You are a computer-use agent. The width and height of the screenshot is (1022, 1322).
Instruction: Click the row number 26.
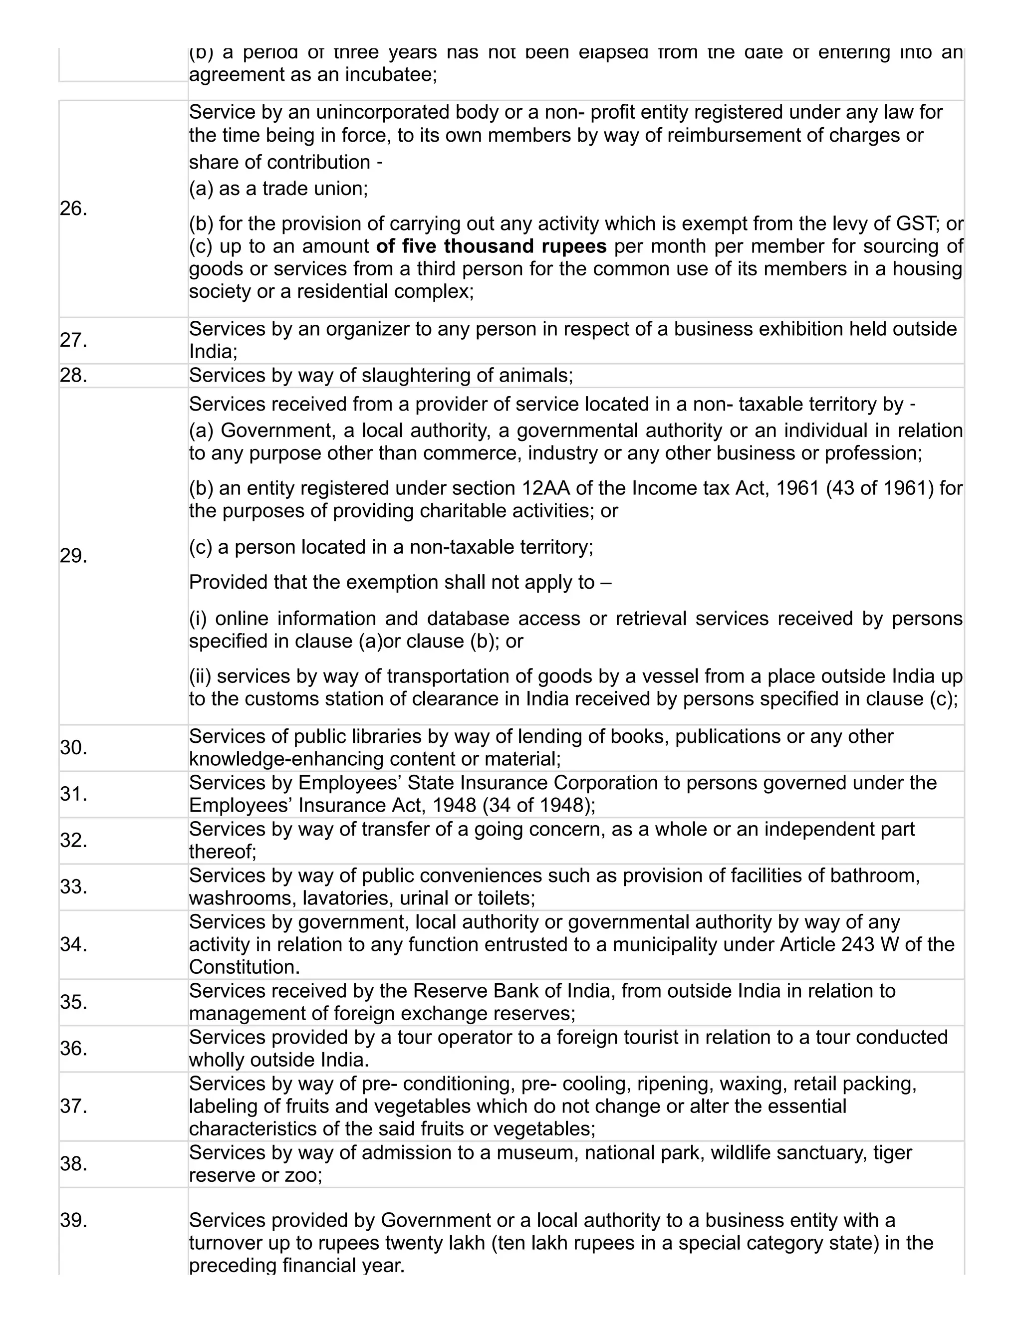(x=73, y=209)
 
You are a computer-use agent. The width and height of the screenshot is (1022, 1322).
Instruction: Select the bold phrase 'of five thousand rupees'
(x=491, y=246)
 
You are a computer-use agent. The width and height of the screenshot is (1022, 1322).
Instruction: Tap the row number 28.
(x=73, y=376)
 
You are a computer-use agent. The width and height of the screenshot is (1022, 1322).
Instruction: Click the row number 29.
(x=73, y=556)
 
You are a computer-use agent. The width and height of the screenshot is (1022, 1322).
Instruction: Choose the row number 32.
(x=73, y=841)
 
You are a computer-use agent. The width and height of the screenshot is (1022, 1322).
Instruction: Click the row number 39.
(x=73, y=1221)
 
